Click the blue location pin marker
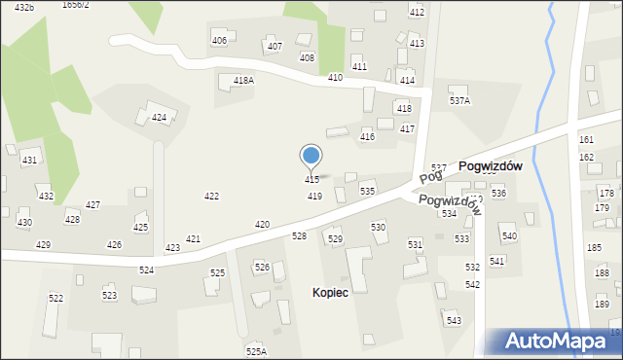point(311,156)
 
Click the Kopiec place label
point(331,292)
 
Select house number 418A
point(243,81)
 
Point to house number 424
point(159,118)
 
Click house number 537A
point(459,100)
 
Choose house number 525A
point(256,351)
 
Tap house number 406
point(219,40)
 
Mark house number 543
point(453,320)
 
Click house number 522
point(56,298)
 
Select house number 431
point(30,160)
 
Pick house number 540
point(509,236)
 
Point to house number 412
point(417,12)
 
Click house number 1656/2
point(75,5)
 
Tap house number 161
point(586,140)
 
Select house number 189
point(602,305)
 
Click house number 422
point(211,197)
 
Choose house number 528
point(300,236)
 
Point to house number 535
point(367,192)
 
